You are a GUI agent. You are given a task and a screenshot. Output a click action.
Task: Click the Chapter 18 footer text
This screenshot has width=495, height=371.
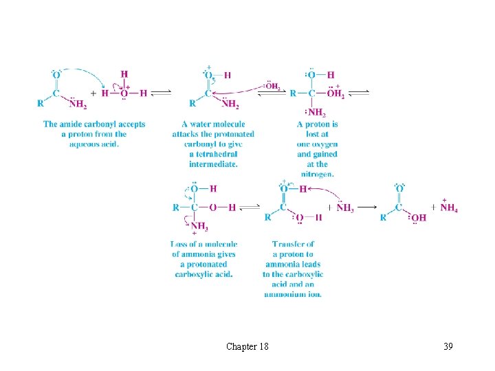[247, 346]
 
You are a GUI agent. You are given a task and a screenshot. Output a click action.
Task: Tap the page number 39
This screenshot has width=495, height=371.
[448, 346]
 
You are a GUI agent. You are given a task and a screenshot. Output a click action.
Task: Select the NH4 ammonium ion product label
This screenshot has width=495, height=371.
[449, 207]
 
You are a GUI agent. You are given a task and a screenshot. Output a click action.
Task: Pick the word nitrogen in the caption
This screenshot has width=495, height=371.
[317, 174]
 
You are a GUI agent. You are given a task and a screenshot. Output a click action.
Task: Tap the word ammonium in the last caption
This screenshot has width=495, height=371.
[283, 294]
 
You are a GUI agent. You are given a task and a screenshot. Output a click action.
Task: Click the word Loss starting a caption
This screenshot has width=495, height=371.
[179, 244]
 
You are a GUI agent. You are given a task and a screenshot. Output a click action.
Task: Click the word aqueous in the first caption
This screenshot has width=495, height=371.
[82, 144]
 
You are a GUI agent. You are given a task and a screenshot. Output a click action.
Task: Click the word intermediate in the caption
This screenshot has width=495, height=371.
[213, 164]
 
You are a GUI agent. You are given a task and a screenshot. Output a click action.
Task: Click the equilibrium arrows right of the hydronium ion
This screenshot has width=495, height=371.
[162, 93]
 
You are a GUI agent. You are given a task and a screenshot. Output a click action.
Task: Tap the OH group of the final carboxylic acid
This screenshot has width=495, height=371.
[418, 218]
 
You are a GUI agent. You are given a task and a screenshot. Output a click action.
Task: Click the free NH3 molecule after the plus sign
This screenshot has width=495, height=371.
[345, 207]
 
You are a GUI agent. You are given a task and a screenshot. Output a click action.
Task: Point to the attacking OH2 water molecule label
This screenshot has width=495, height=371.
[272, 86]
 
